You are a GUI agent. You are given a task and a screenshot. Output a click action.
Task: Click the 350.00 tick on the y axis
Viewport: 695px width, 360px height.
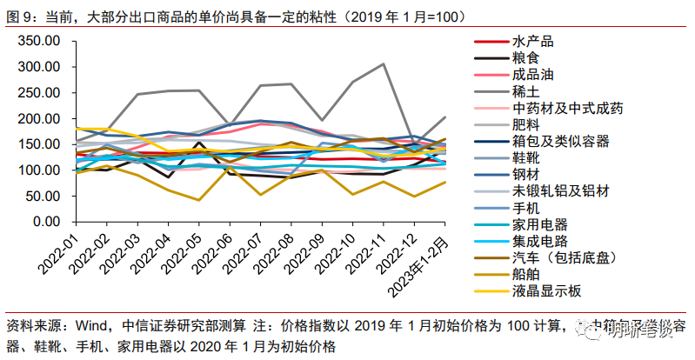pyautogui.click(x=40, y=41)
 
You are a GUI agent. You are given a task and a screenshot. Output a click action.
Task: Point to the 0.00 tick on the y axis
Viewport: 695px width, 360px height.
pyautogui.click(x=47, y=222)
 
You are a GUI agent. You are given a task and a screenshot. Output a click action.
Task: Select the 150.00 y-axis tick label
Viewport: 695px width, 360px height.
pyautogui.click(x=40, y=144)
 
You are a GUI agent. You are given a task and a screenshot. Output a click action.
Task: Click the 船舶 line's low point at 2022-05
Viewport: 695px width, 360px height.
pyautogui.click(x=199, y=200)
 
